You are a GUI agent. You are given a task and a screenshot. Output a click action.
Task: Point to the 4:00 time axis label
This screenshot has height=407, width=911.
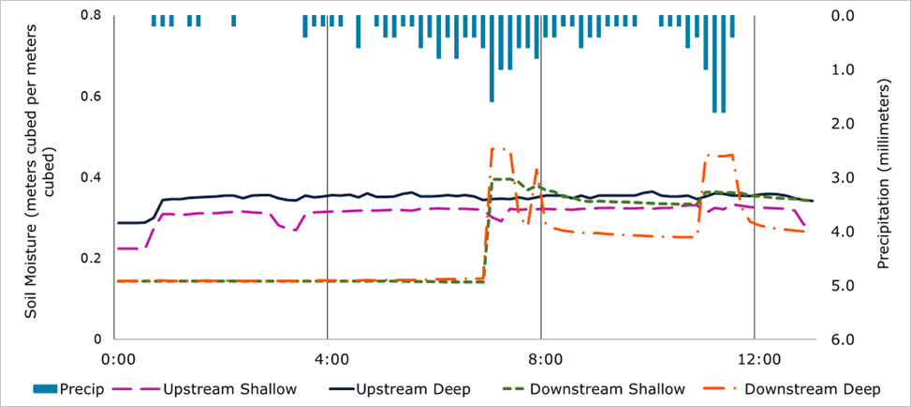click(328, 358)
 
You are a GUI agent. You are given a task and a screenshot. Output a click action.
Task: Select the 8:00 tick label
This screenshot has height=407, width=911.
click(542, 358)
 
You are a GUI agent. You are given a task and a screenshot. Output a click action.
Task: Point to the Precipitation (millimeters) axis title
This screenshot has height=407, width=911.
click(885, 178)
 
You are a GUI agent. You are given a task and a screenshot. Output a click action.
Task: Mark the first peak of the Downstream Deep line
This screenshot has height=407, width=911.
click(497, 148)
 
